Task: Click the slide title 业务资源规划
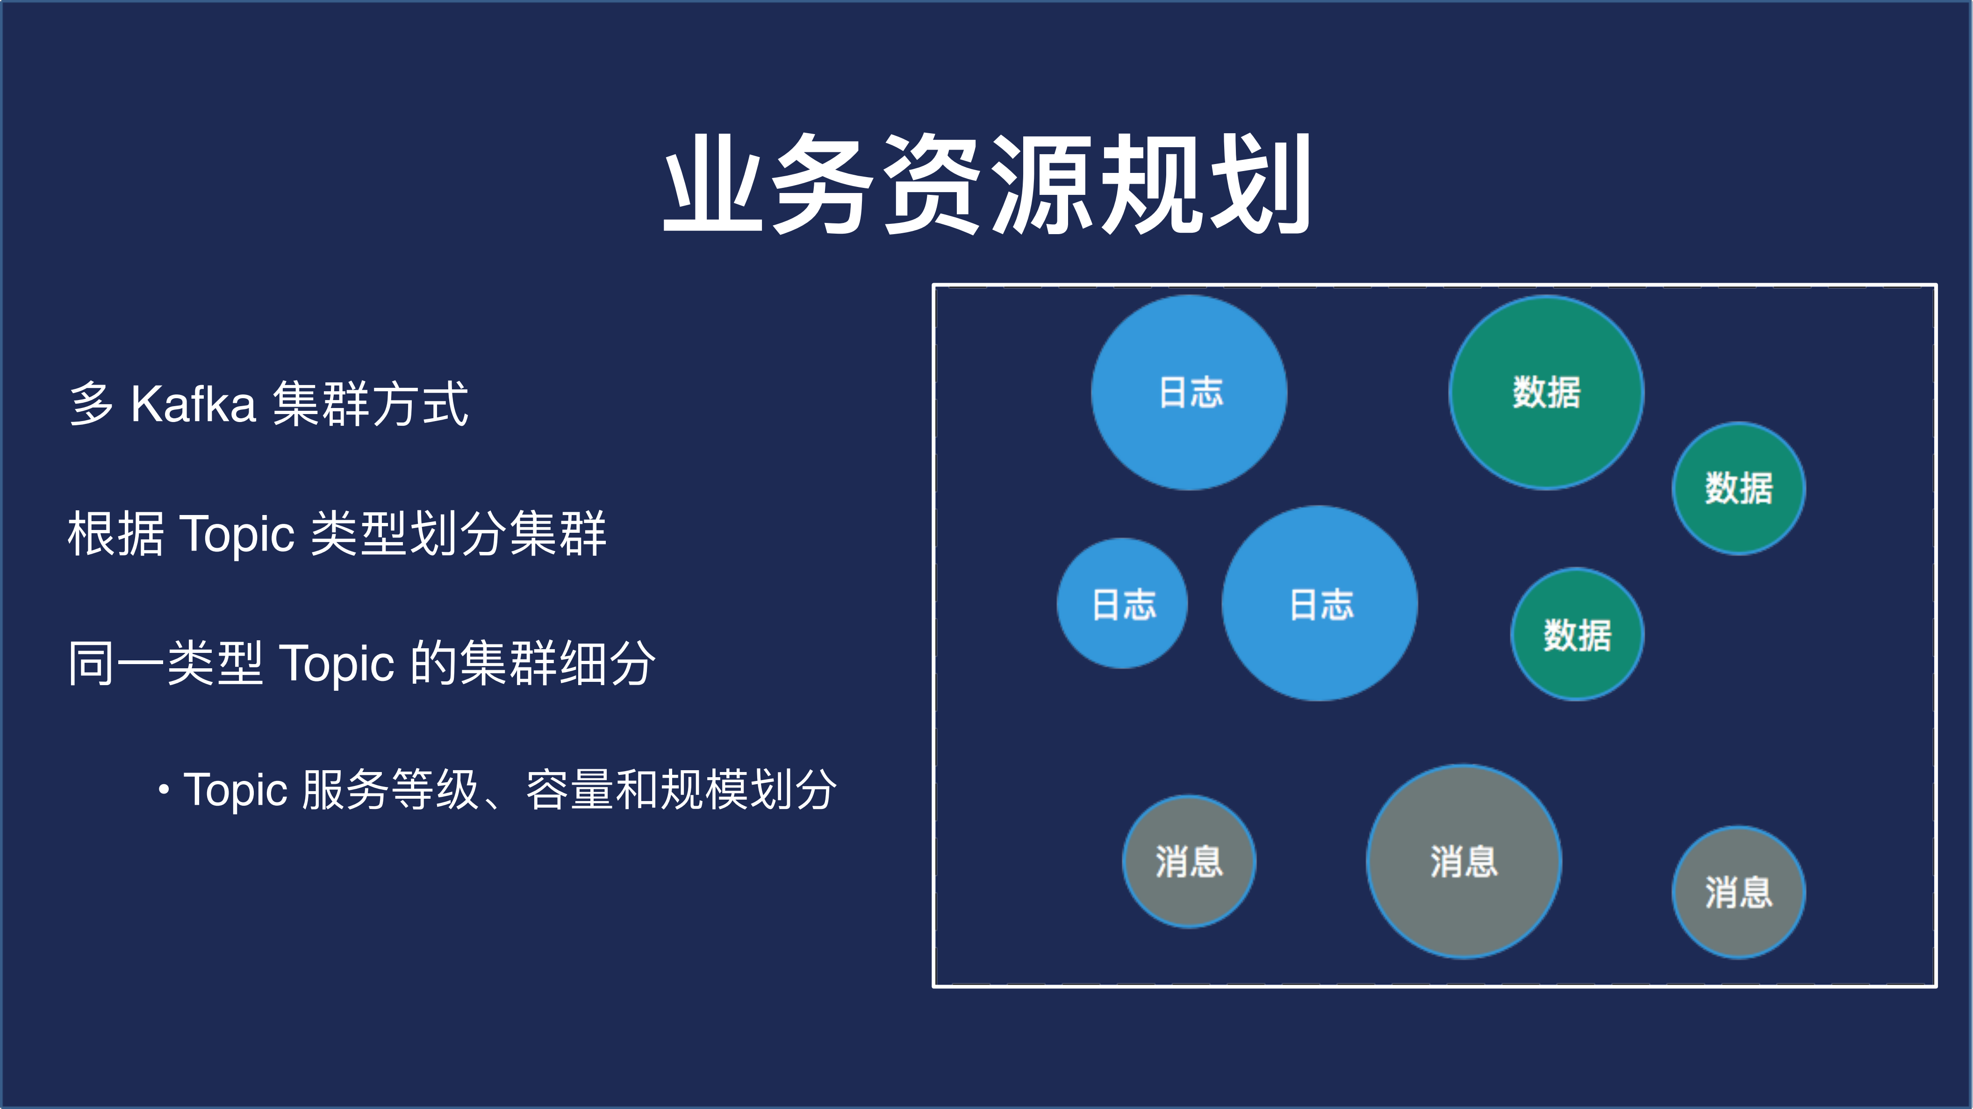click(986, 184)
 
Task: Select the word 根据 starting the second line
click(115, 533)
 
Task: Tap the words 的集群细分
click(533, 663)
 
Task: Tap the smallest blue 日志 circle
click(1122, 603)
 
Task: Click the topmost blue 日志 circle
click(1190, 392)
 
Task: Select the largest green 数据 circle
click(1546, 392)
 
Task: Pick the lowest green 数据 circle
click(1577, 634)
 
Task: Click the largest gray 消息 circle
click(1464, 861)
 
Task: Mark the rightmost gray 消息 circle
click(1739, 892)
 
